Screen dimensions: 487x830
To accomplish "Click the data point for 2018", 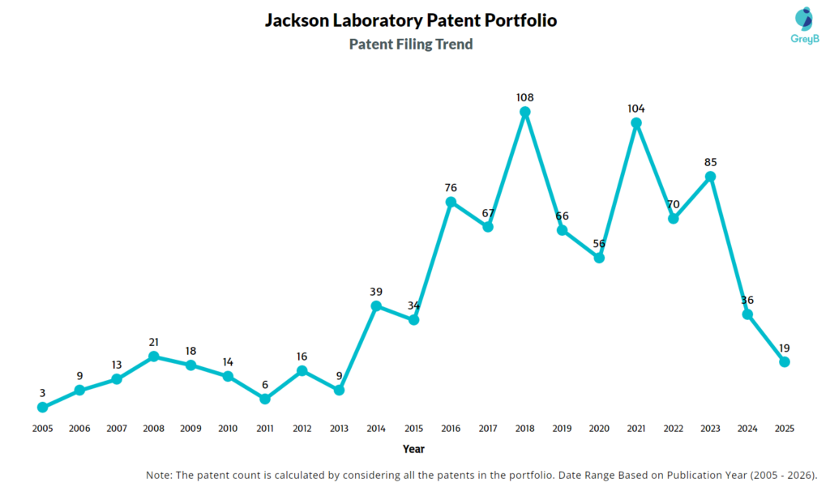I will click(x=524, y=112).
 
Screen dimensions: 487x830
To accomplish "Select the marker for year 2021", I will click(x=636, y=123).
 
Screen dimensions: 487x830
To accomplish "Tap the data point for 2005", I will click(x=42, y=407).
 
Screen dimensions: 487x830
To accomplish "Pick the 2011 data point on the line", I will click(x=265, y=399).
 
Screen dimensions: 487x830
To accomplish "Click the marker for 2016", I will click(x=451, y=202).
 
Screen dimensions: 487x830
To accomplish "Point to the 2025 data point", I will click(x=785, y=361).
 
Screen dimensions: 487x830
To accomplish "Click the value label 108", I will click(x=524, y=97).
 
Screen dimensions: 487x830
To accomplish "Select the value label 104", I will click(x=636, y=109).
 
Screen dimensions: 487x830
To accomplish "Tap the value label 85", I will click(x=710, y=161).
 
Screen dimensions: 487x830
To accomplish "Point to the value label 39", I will click(x=376, y=292).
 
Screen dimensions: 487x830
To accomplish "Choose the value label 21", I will click(x=153, y=342).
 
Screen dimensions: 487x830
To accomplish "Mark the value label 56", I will click(x=599, y=243).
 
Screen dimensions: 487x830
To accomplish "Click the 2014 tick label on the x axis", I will click(x=376, y=428).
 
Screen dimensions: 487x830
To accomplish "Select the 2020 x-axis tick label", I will click(x=599, y=428).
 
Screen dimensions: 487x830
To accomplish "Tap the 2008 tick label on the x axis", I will click(x=153, y=428).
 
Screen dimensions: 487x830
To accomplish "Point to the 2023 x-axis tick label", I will click(x=710, y=428).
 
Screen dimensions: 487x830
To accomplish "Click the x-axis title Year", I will click(x=413, y=449).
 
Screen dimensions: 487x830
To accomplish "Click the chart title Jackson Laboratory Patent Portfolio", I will click(x=411, y=20).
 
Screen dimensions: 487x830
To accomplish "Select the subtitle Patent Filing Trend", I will click(x=411, y=45).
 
